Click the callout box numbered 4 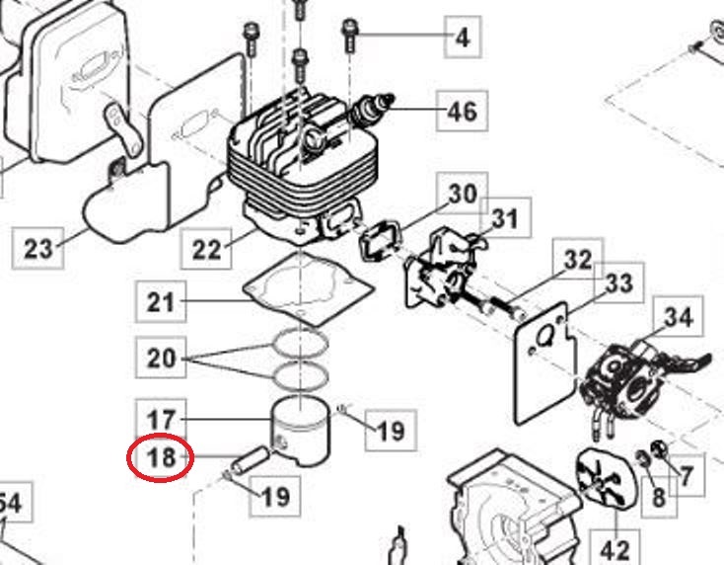point(462,39)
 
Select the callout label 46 point(462,111)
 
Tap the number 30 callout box point(462,195)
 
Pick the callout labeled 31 point(504,218)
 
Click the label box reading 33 point(618,284)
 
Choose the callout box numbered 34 point(678,319)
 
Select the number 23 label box point(37,248)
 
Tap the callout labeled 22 point(207,248)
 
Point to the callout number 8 point(658,494)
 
